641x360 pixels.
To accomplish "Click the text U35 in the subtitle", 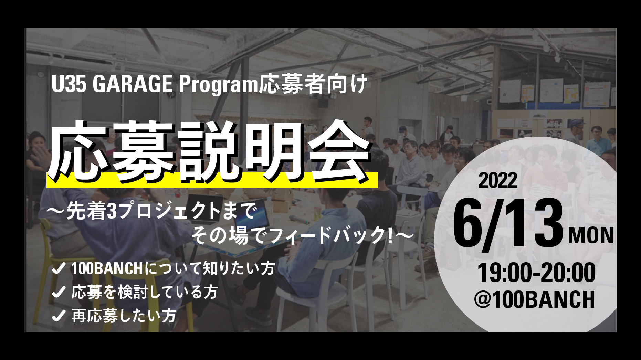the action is pos(69,85).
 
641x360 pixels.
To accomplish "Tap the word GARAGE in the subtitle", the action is pos(132,85).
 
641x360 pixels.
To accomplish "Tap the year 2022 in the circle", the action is pos(498,180).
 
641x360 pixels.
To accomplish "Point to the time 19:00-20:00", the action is pos(536,273).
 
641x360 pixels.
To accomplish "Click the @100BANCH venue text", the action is pos(535,299).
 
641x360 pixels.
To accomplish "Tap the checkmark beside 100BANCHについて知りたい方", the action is pos(59,268).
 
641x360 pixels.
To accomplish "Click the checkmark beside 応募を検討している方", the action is pos(59,292).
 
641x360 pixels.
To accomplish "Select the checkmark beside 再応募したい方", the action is pos(59,316).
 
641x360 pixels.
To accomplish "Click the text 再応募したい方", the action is pos(124,316).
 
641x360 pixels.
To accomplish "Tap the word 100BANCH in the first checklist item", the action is pos(107,268).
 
